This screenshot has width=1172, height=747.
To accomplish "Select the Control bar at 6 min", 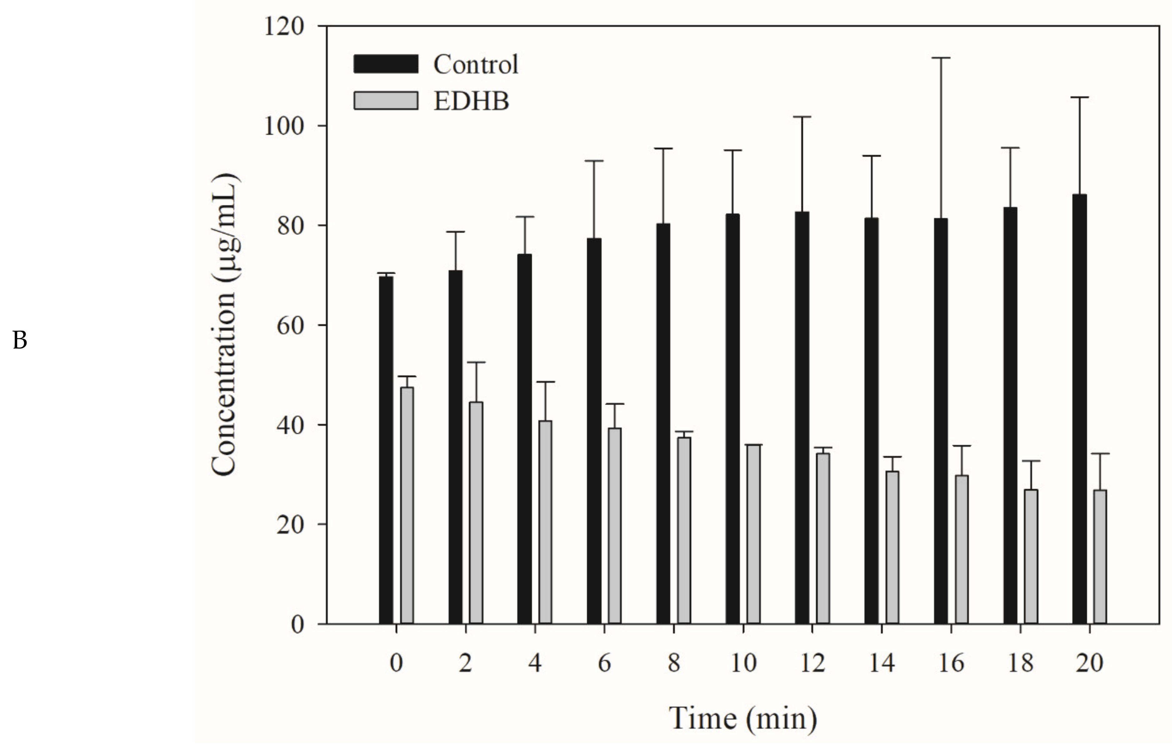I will coord(594,431).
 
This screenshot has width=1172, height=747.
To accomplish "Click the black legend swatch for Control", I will coord(385,64).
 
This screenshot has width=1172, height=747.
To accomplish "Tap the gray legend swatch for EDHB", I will coord(385,101).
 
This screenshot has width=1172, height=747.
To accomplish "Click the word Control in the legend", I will coord(475,64).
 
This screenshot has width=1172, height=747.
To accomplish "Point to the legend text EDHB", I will coord(471,101).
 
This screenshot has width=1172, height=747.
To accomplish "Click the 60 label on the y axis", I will coord(290,326).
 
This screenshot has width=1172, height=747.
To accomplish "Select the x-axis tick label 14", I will coord(881,663).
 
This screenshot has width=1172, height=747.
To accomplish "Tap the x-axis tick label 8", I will coord(673,663).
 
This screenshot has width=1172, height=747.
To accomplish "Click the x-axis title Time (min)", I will coord(743,718).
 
